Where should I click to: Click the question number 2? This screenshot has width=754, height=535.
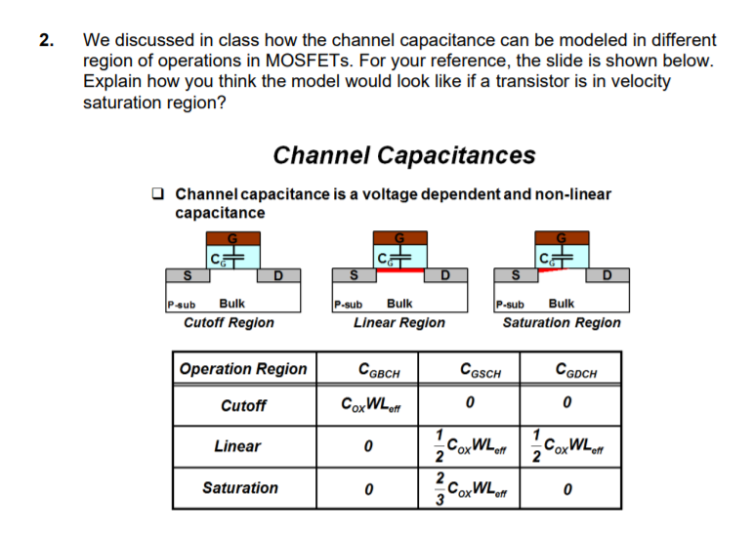click(x=46, y=40)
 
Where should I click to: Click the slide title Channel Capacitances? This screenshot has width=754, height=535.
click(x=404, y=155)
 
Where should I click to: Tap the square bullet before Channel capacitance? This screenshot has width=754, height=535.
click(x=157, y=193)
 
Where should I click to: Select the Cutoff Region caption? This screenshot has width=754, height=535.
click(x=229, y=322)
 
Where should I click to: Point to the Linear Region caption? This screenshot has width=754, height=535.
click(x=399, y=322)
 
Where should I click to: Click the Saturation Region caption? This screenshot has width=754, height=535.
click(x=562, y=322)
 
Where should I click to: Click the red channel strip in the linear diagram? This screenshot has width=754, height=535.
click(x=400, y=270)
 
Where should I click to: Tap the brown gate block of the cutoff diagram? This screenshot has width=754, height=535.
click(x=233, y=238)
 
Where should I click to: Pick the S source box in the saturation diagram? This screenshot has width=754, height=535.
click(x=516, y=275)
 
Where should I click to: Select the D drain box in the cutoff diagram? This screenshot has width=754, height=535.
click(x=279, y=275)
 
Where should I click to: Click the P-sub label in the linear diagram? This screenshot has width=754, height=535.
click(x=348, y=305)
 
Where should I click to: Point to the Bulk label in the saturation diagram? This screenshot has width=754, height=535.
click(x=562, y=304)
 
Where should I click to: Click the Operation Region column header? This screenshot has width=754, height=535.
click(x=243, y=369)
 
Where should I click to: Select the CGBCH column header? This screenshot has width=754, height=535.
click(x=379, y=370)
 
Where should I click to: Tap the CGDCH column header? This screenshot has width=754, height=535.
click(x=576, y=370)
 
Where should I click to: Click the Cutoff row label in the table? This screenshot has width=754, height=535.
click(x=243, y=406)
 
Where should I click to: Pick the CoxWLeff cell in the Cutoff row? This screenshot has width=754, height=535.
click(x=370, y=405)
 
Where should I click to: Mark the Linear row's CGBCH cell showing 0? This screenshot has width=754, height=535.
click(x=368, y=446)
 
